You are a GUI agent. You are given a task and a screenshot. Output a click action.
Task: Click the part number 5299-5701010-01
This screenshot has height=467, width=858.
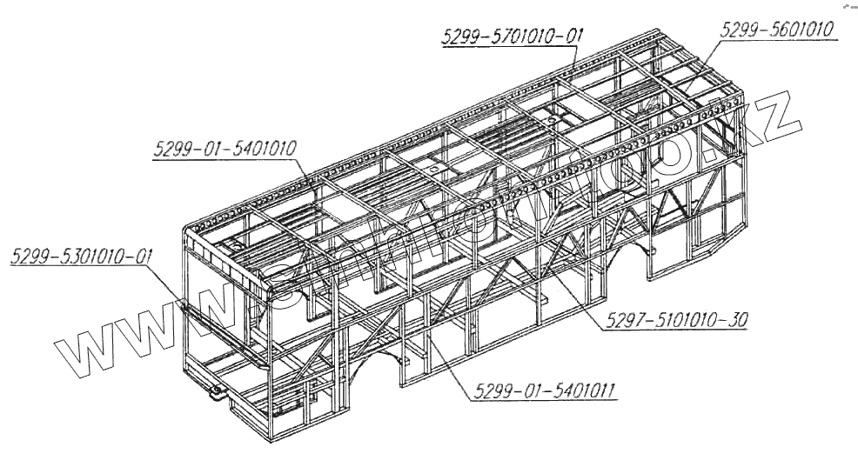pos(512,37)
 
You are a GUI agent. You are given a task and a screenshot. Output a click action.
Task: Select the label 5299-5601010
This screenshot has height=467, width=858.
pos(777,29)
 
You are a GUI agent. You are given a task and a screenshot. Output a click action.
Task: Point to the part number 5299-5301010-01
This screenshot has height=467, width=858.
pos(82,257)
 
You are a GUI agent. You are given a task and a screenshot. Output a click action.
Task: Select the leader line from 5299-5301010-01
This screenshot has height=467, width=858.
pos(170,285)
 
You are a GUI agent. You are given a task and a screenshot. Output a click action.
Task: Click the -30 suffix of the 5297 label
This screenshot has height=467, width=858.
pos(735,320)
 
